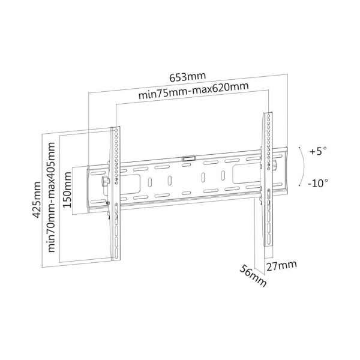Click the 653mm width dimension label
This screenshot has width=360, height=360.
(x=187, y=76)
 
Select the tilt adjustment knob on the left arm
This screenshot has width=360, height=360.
(x=106, y=180)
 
